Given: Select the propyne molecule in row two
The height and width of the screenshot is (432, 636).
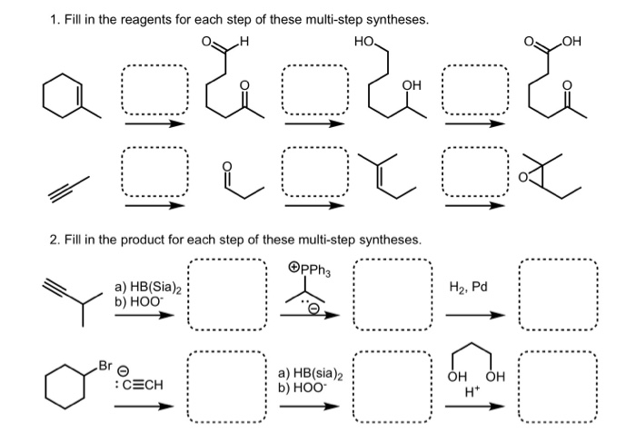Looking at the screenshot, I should click(x=69, y=186).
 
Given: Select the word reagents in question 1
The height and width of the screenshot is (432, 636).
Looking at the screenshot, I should click(x=204, y=19).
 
